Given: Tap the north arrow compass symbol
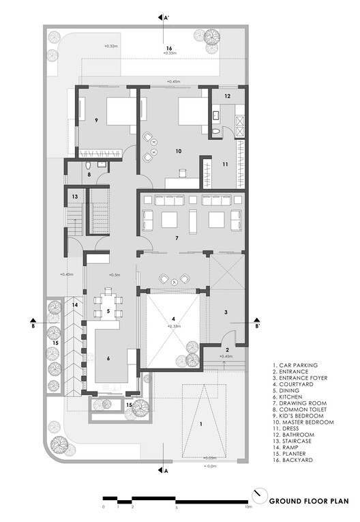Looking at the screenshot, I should pyautogui.click(x=257, y=493).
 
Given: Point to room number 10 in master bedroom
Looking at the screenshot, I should pyautogui.click(x=179, y=151).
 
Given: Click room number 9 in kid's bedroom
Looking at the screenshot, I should pyautogui.click(x=97, y=121).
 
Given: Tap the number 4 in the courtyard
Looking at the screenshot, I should pyautogui.click(x=173, y=319).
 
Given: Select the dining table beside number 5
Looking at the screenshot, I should pyautogui.click(x=108, y=304).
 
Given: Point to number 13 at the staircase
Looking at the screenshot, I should pyautogui.click(x=75, y=197).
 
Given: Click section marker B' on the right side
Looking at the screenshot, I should pyautogui.click(x=257, y=325).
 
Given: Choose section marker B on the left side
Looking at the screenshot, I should pyautogui.click(x=33, y=325).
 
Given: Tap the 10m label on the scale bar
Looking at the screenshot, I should pyautogui.click(x=248, y=508).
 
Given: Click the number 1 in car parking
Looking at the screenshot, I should pyautogui.click(x=200, y=423).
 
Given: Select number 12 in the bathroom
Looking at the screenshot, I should pyautogui.click(x=227, y=96).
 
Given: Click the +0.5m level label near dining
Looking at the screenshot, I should pyautogui.click(x=114, y=275).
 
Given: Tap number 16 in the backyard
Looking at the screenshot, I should pyautogui.click(x=168, y=47).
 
